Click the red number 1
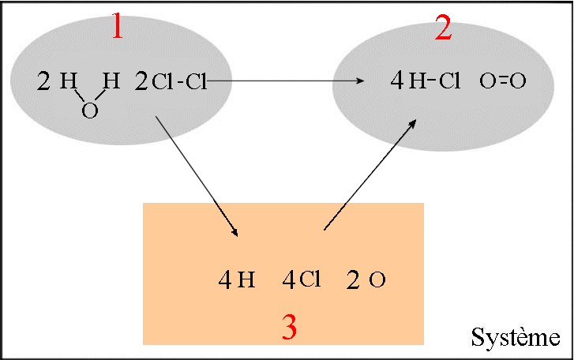tap(117, 25)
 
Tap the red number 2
tap(443, 28)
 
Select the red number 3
tap(289, 327)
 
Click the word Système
tap(516, 337)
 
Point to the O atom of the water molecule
tap(90, 111)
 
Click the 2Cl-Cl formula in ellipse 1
tap(171, 81)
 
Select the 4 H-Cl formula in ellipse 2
tap(425, 81)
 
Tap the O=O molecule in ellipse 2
tap(503, 81)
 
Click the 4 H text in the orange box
tap(237, 280)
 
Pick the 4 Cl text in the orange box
tap(302, 280)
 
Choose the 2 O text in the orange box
tap(366, 280)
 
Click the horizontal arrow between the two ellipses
tap(286, 81)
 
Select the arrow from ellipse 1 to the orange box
tap(197, 176)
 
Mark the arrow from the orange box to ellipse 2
tap(370, 174)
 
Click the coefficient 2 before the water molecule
tap(43, 81)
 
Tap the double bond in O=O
tap(503, 81)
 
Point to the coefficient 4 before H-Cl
tap(397, 81)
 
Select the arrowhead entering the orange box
tap(234, 231)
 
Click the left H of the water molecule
tap(68, 81)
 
